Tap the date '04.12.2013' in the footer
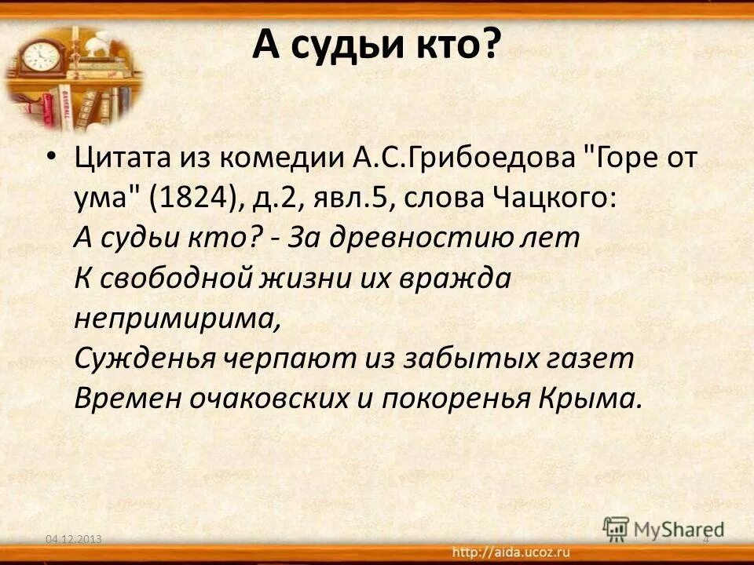(x=75, y=539)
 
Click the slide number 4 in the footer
(x=705, y=539)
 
